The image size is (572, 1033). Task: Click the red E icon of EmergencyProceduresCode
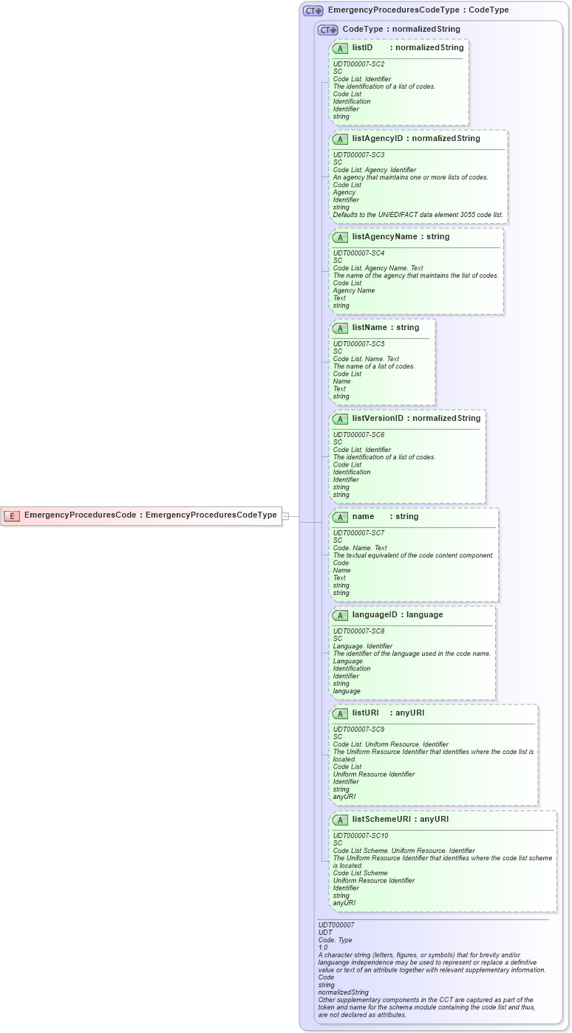(x=12, y=515)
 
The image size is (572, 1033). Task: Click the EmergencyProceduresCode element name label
(x=81, y=515)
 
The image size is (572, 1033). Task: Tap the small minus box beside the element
(x=285, y=516)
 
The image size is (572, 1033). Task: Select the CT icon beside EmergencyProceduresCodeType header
(x=313, y=11)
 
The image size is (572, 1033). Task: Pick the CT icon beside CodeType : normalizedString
(x=327, y=30)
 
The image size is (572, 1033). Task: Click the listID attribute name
(x=362, y=48)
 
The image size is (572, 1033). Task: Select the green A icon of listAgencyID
(x=340, y=139)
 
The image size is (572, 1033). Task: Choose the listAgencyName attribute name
(x=385, y=237)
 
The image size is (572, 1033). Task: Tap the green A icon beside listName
(x=340, y=328)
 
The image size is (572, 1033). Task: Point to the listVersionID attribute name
(x=378, y=419)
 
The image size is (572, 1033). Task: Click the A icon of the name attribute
(x=340, y=517)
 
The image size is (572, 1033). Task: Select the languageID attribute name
(x=377, y=615)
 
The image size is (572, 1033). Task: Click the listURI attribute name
(x=365, y=713)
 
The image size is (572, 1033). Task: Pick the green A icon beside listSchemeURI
(x=340, y=820)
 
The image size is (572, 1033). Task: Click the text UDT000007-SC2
(x=358, y=64)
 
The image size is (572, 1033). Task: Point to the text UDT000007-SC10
(x=361, y=836)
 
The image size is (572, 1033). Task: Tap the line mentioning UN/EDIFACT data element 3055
(x=418, y=215)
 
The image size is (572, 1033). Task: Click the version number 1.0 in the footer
(x=323, y=947)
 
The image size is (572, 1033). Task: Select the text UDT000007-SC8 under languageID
(x=358, y=631)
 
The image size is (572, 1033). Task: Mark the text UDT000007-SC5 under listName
(x=358, y=344)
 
